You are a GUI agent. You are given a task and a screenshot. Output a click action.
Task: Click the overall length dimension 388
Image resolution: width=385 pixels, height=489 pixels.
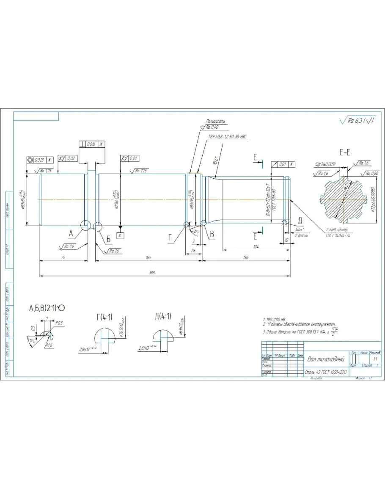click(x=152, y=273)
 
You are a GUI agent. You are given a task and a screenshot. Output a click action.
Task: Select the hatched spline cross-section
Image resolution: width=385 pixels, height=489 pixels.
click(x=342, y=199)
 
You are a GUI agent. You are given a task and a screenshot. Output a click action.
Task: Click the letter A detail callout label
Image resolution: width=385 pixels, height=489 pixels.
click(x=71, y=232)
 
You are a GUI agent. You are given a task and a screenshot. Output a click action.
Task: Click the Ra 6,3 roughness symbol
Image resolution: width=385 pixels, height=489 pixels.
click(x=357, y=121)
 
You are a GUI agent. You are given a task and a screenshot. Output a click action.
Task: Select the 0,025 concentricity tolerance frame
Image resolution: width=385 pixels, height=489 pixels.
click(x=41, y=160)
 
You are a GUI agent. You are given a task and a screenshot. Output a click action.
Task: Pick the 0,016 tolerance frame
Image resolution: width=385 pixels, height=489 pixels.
click(x=92, y=144)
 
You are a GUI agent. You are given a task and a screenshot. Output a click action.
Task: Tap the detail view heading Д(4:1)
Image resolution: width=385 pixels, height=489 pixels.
click(x=163, y=316)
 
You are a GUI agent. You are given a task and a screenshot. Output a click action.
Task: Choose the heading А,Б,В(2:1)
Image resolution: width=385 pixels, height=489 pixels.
click(x=47, y=308)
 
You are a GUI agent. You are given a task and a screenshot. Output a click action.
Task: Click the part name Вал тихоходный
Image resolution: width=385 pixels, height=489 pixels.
click(x=325, y=359)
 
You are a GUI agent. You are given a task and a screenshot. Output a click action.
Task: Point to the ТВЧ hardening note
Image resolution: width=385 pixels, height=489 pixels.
click(x=227, y=137)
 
